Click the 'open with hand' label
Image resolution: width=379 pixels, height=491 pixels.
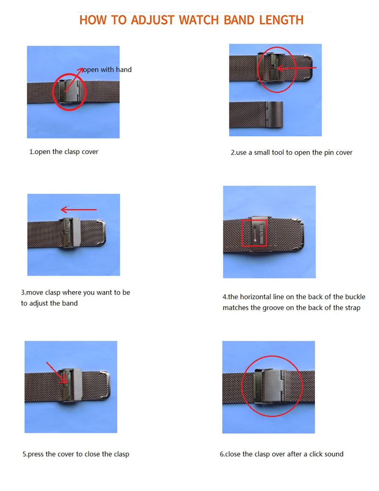coord(107,70)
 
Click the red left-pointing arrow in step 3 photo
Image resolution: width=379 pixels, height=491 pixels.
coord(79,209)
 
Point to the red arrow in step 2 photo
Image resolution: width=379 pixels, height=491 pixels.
coord(297,68)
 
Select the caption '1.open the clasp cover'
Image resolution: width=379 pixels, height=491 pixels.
coord(64,152)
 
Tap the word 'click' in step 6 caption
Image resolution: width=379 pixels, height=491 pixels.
coord(316,454)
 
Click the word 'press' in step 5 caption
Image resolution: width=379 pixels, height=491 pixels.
coord(36,454)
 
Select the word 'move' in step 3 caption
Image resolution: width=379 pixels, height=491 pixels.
coord(34,292)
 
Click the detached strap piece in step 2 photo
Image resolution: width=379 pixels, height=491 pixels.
coord(256,114)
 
